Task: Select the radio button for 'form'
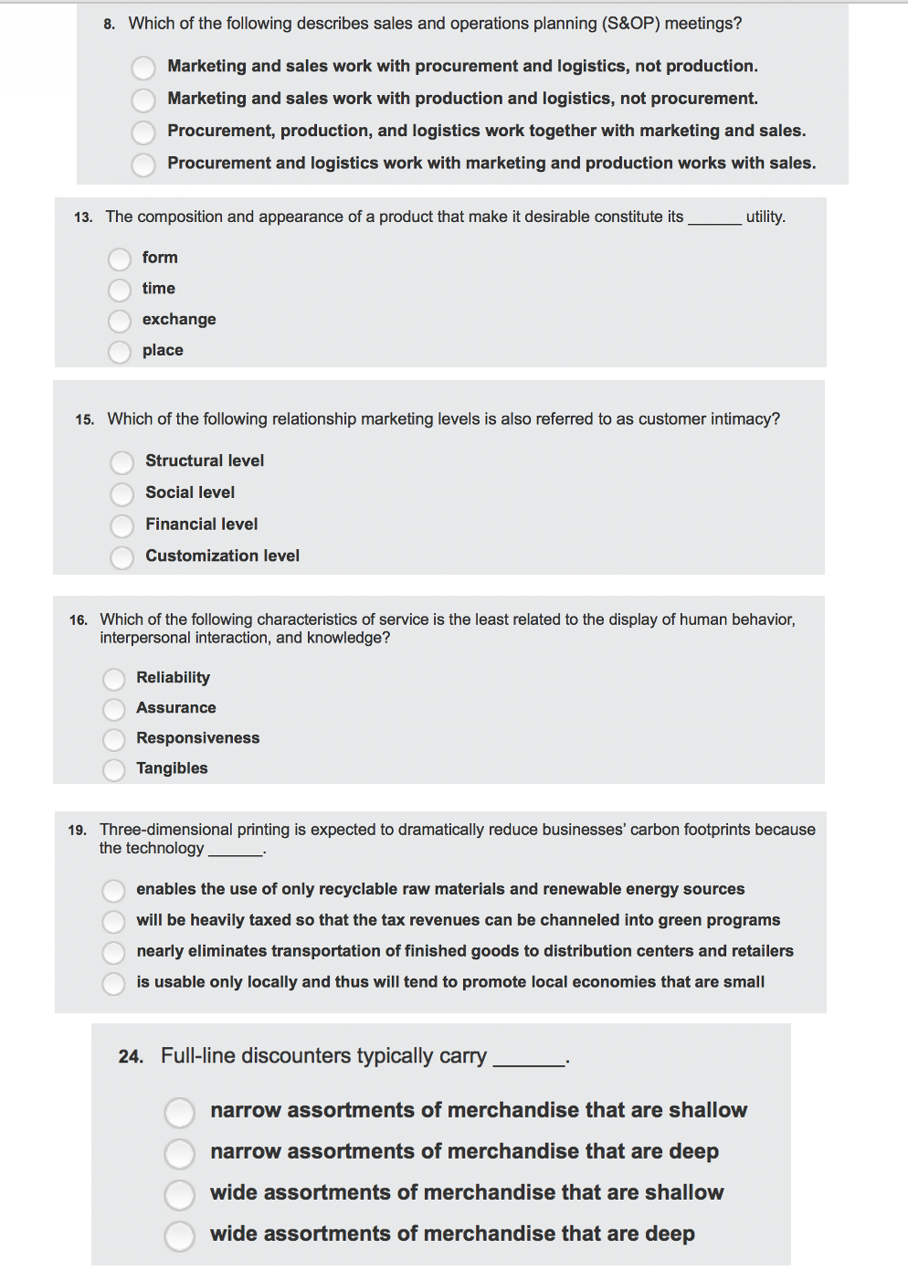click(120, 259)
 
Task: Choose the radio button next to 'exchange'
click(120, 321)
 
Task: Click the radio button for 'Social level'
click(122, 494)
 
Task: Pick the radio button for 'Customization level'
click(122, 557)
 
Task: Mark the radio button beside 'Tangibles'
click(114, 770)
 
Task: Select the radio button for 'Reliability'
click(114, 679)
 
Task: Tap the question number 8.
click(109, 25)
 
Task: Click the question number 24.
click(131, 1057)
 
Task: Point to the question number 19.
click(77, 831)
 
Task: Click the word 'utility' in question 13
click(765, 217)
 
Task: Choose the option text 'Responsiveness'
click(197, 738)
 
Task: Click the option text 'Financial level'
click(201, 524)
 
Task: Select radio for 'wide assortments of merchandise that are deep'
click(180, 1236)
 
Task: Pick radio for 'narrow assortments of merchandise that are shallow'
click(180, 1113)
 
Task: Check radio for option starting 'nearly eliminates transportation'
click(114, 953)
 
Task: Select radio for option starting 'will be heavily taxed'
click(114, 921)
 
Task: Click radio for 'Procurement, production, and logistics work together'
click(143, 132)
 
